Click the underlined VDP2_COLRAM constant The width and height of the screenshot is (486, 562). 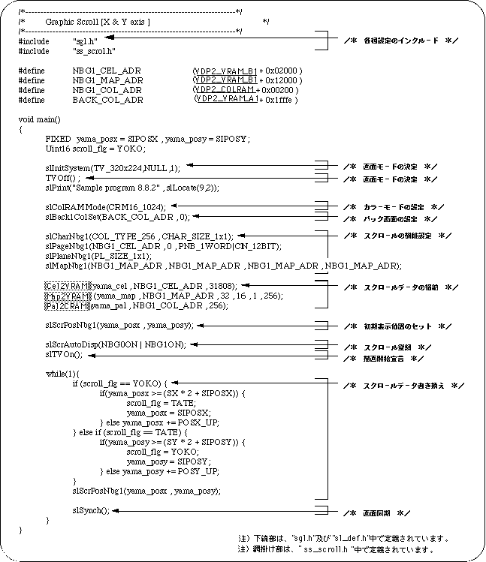click(x=224, y=89)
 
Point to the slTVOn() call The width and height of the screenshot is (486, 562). click(x=64, y=354)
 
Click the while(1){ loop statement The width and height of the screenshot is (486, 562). click(x=62, y=373)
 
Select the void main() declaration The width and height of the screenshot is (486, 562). click(x=44, y=119)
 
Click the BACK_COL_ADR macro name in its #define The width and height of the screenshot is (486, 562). click(x=95, y=99)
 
